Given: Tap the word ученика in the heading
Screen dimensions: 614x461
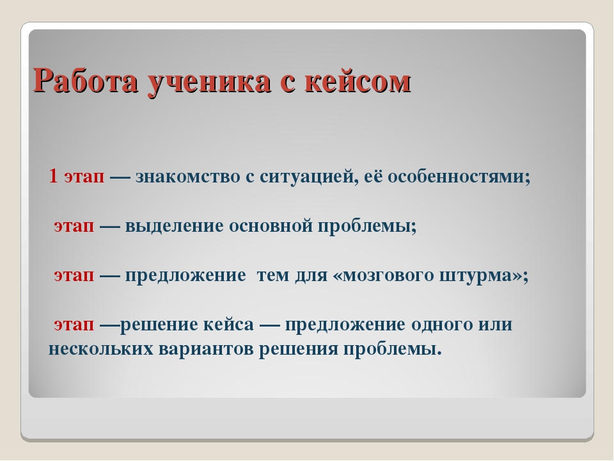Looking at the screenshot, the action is point(209,83).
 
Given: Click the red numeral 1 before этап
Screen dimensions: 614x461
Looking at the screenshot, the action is point(53,176).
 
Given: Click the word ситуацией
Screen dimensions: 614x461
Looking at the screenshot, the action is point(309,177).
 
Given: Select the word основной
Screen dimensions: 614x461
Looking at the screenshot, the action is point(271,226).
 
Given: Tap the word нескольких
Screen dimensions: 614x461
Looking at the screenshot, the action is point(100,349).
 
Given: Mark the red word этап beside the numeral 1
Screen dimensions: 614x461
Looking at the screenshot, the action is point(84,177).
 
